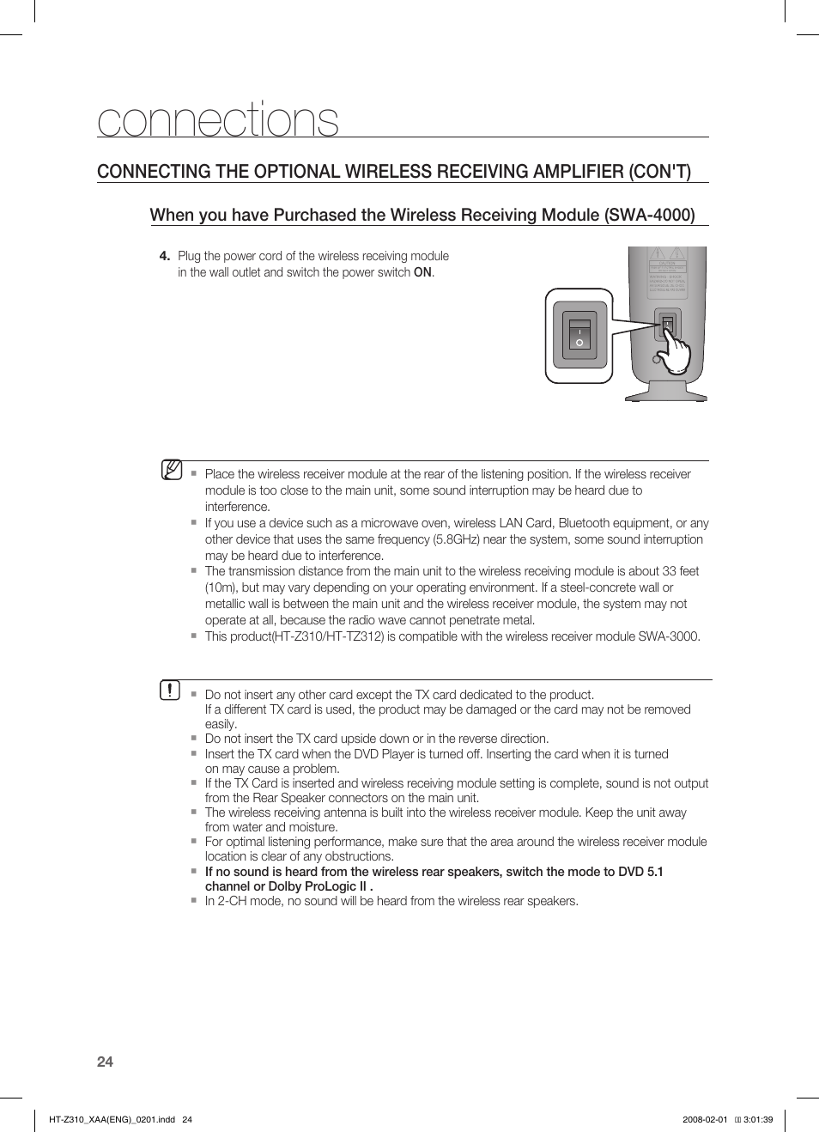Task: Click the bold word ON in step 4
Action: click(422, 272)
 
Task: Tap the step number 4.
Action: click(164, 256)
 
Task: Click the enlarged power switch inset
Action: click(579, 335)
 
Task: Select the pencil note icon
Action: click(172, 470)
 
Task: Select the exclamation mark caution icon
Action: click(170, 690)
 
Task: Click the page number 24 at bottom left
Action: click(105, 1062)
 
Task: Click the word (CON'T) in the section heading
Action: click(658, 171)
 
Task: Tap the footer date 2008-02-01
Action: click(705, 1119)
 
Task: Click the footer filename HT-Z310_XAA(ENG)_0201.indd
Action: click(112, 1119)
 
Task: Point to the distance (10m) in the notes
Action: click(221, 587)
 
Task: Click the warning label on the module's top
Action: click(667, 273)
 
